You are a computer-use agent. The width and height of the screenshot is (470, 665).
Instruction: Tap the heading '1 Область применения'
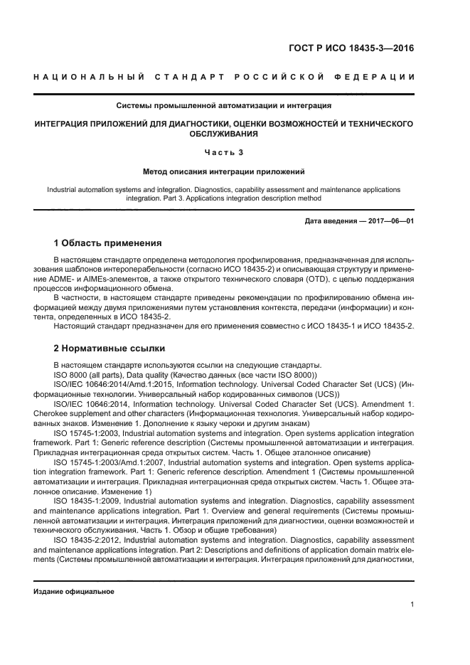tap(107, 243)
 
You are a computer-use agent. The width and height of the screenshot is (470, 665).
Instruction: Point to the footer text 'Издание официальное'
tap(74, 591)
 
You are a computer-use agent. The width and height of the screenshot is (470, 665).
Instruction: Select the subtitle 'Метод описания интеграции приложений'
tap(224, 171)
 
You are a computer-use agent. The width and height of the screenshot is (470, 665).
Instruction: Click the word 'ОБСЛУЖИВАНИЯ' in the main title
tap(224, 133)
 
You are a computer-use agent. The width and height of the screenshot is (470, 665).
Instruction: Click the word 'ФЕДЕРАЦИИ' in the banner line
tap(378, 76)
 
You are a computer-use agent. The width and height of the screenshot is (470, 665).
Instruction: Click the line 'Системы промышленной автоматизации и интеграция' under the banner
tap(224, 105)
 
